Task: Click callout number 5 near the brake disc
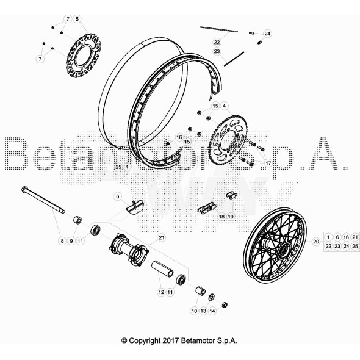click(77, 20)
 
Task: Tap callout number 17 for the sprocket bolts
click(267, 164)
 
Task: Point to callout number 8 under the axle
click(62, 241)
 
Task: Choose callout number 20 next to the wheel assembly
click(315, 242)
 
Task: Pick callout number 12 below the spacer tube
click(161, 292)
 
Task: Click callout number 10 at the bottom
click(195, 311)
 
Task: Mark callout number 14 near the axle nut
click(212, 311)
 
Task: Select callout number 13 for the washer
click(203, 311)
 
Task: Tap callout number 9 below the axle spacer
click(71, 241)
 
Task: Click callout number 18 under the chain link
click(222, 217)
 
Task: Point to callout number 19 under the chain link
click(231, 217)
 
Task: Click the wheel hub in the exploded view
click(129, 251)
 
